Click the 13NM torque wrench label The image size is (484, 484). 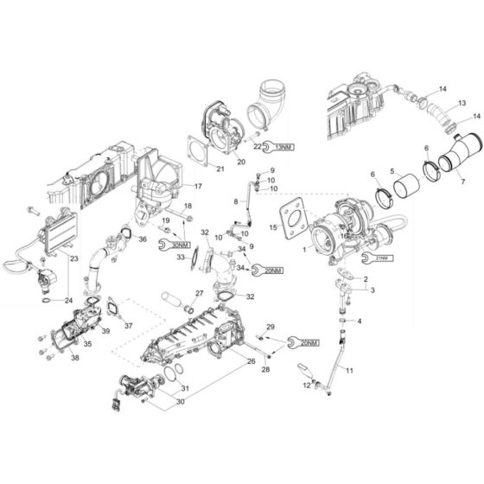point(282,146)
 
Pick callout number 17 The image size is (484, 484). point(199,186)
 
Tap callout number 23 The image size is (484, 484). point(73,258)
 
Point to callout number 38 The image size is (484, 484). point(74,357)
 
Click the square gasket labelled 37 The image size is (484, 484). point(113,307)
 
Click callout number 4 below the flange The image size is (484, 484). point(360,321)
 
